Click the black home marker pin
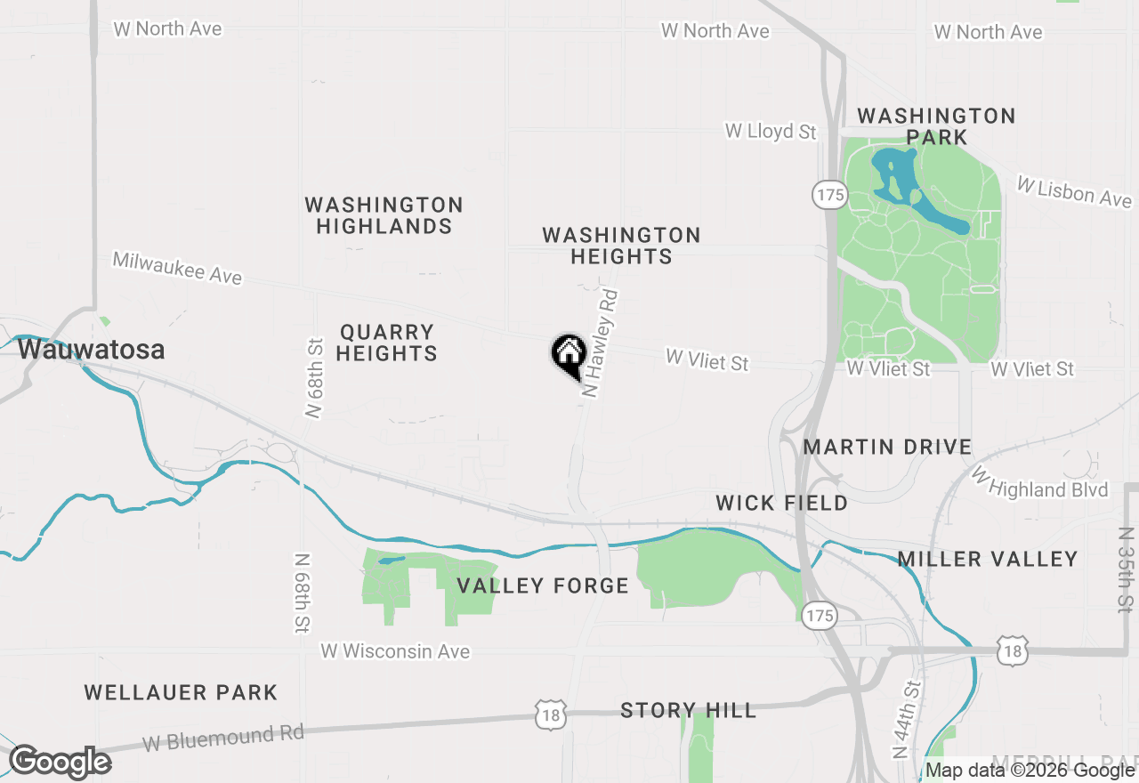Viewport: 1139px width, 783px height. (x=569, y=355)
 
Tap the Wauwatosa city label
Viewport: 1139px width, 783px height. (x=91, y=350)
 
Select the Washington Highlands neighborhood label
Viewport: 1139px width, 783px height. (x=384, y=216)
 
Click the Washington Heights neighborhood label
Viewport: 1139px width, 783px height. (x=621, y=246)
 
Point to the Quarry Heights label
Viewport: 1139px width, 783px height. (x=387, y=343)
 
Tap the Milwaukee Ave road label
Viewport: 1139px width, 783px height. (x=177, y=269)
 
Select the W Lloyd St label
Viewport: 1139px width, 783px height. (x=770, y=132)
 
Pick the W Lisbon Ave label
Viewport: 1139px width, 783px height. (x=1074, y=191)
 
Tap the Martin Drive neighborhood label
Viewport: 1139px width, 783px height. (x=887, y=447)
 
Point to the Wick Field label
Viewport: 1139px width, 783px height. (x=781, y=504)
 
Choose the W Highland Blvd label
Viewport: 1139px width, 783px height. (x=1041, y=486)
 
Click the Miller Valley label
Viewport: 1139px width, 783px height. (x=988, y=560)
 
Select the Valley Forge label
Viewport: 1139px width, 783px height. (x=543, y=585)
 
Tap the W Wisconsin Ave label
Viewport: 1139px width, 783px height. (x=395, y=651)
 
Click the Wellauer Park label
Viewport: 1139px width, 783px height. (x=181, y=692)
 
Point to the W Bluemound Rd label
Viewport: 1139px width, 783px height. (x=223, y=738)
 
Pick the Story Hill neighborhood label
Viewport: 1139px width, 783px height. (x=688, y=710)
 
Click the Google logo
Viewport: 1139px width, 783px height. (x=60, y=763)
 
